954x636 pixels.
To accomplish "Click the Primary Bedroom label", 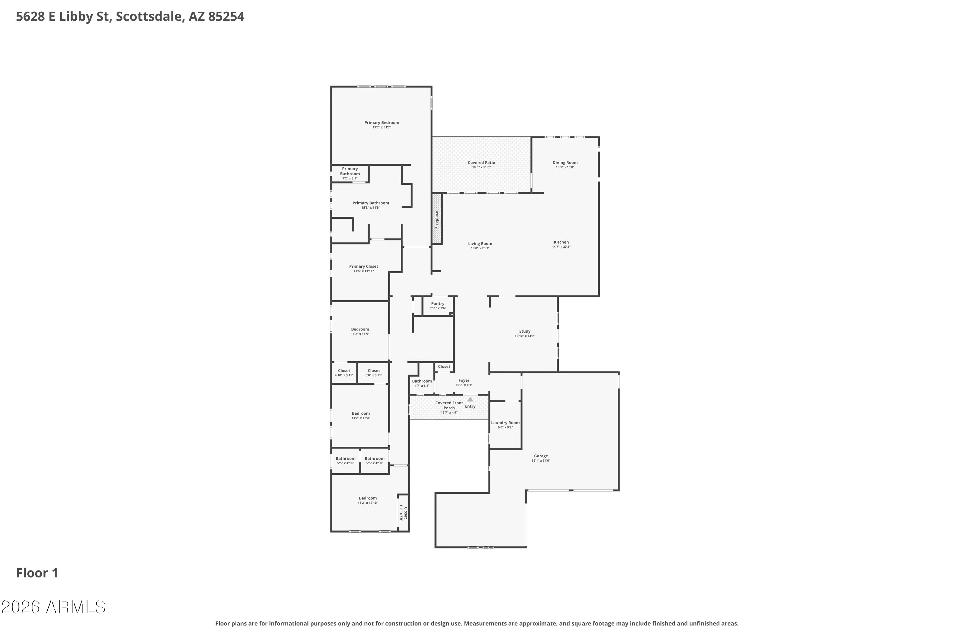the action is pyautogui.click(x=382, y=122).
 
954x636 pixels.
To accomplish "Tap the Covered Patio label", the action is pyautogui.click(x=481, y=162).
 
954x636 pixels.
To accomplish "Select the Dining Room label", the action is pyautogui.click(x=565, y=162).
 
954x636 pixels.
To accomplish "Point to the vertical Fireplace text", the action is pyautogui.click(x=436, y=219).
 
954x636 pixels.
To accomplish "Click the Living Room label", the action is pyautogui.click(x=480, y=244).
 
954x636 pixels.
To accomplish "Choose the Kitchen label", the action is pyautogui.click(x=561, y=242).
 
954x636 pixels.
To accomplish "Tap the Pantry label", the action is pyautogui.click(x=438, y=303).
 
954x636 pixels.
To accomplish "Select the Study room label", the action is pyautogui.click(x=525, y=331).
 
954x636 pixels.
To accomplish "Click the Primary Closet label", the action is pyautogui.click(x=363, y=266).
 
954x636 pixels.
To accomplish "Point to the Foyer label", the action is pyautogui.click(x=464, y=380).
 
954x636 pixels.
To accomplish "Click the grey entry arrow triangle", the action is pyautogui.click(x=470, y=399).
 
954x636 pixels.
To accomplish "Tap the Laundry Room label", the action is pyautogui.click(x=505, y=423).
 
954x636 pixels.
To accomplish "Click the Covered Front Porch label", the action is pyautogui.click(x=449, y=405).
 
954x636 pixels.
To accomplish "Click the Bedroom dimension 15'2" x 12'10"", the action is pyautogui.click(x=368, y=503).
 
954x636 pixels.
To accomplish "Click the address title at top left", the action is pyautogui.click(x=130, y=17).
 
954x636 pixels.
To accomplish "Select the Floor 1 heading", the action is pyautogui.click(x=37, y=573).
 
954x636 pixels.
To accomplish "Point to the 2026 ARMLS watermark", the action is pyautogui.click(x=53, y=607).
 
